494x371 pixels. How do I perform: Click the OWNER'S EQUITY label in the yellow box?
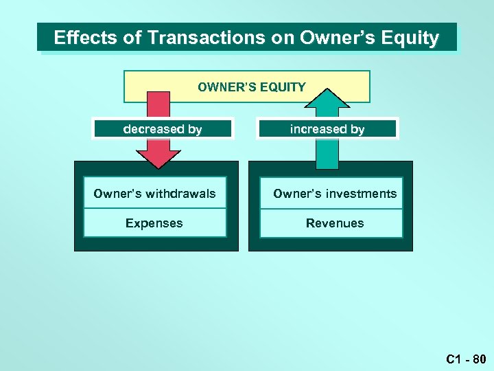pyautogui.click(x=251, y=87)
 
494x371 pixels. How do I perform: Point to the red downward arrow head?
pyautogui.click(x=158, y=157)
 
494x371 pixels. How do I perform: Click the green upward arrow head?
pyautogui.click(x=327, y=100)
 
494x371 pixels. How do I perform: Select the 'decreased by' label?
pyautogui.click(x=163, y=129)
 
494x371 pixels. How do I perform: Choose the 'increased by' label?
pyautogui.click(x=327, y=129)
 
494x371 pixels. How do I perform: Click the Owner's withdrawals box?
pyautogui.click(x=154, y=194)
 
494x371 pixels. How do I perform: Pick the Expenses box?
pyautogui.click(x=154, y=223)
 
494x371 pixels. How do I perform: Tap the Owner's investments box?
pyautogui.click(x=334, y=194)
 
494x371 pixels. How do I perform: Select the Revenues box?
pyautogui.click(x=334, y=223)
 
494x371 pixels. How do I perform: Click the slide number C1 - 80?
pyautogui.click(x=466, y=359)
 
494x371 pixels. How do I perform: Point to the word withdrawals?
pyautogui.click(x=180, y=194)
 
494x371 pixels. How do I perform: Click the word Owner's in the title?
pyautogui.click(x=339, y=38)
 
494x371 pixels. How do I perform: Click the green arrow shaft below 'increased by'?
pyautogui.click(x=327, y=153)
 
